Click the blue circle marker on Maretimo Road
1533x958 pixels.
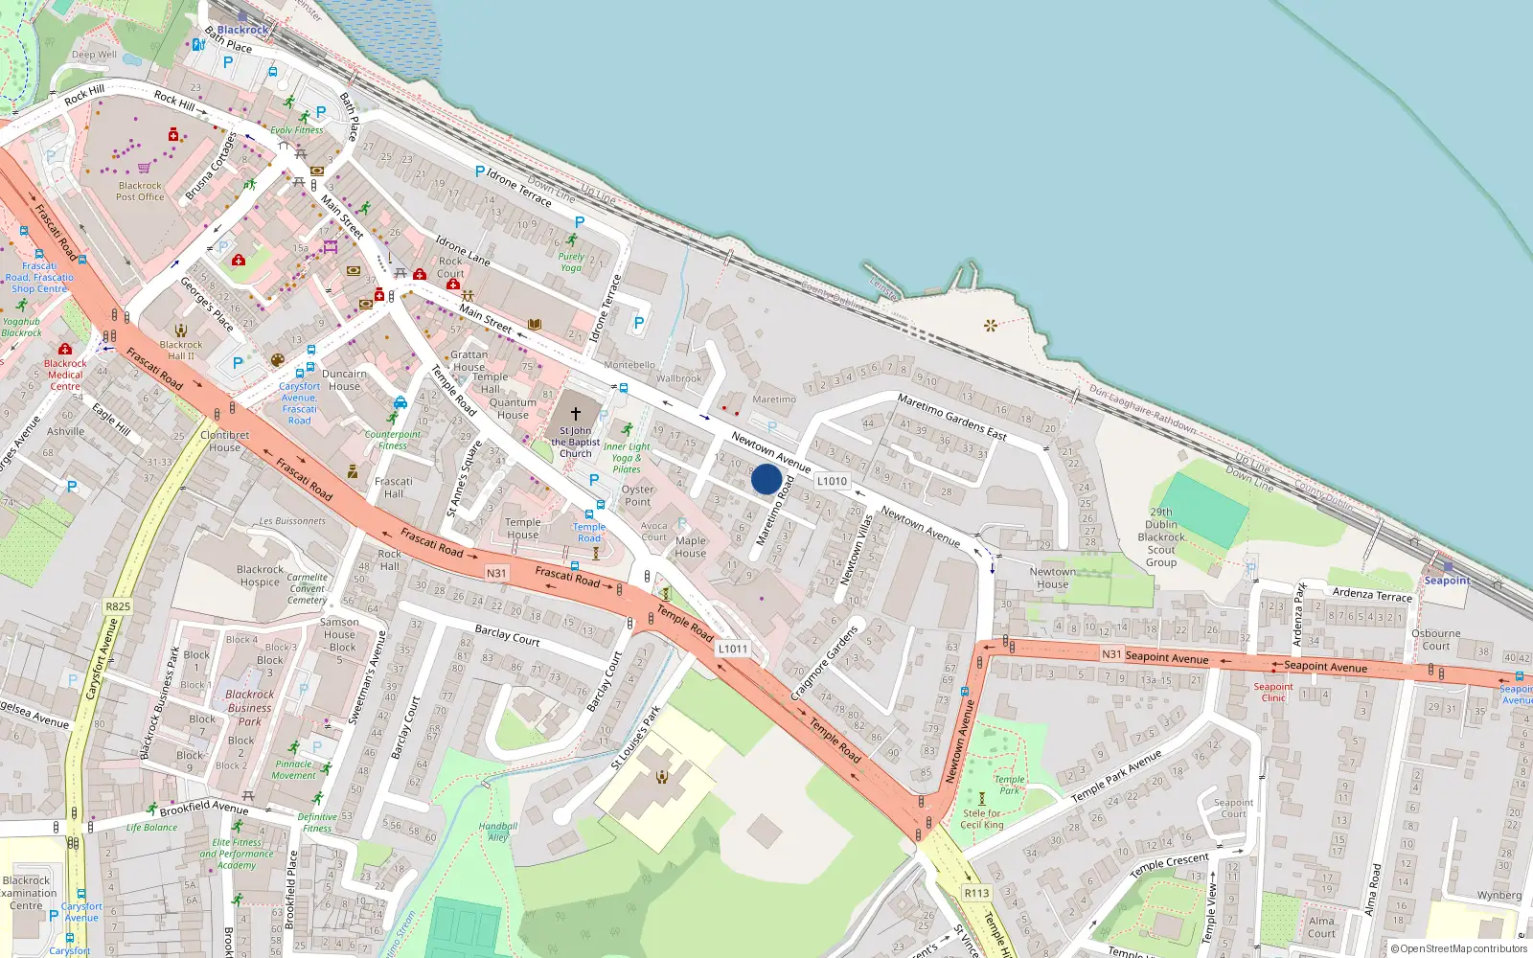point(766,479)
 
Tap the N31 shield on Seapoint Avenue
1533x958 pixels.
point(1111,654)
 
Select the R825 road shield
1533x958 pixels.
point(118,606)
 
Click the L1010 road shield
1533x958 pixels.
point(832,481)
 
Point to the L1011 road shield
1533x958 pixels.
point(732,649)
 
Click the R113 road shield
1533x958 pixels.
point(976,893)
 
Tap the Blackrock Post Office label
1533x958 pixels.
point(140,192)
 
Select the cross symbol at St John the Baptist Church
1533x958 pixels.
point(576,414)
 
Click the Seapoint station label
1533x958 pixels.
point(1447,581)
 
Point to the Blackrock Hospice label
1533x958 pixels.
point(260,576)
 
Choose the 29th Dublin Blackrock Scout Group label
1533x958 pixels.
point(1161,536)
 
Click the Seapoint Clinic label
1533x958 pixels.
point(1273,692)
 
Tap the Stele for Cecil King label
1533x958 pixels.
point(982,819)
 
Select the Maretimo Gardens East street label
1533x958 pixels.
point(951,417)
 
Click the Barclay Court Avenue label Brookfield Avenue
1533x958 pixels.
point(204,808)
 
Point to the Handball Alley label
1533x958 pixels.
point(497,832)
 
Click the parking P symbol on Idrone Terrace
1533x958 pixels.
point(480,171)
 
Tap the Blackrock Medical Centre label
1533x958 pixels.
point(65,375)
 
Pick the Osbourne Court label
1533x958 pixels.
point(1435,639)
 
